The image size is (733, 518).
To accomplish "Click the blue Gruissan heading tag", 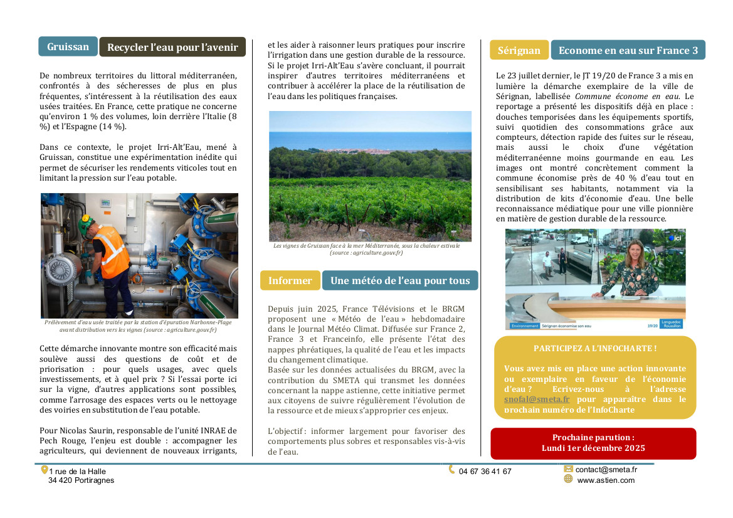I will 68,46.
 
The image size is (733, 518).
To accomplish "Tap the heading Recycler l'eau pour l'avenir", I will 172,47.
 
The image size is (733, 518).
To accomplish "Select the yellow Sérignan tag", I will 519,50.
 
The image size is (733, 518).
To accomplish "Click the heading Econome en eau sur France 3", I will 628,50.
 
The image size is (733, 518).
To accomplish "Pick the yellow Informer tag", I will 290,280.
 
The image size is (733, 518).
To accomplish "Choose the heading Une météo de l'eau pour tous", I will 399,280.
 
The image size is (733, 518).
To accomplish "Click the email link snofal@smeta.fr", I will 536,399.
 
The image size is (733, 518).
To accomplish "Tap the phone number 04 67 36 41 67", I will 485,472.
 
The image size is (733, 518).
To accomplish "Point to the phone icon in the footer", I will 451,470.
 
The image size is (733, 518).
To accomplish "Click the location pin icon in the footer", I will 45,470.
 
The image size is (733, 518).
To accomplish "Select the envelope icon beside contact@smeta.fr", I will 568,468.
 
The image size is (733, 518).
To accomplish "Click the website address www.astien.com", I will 605,480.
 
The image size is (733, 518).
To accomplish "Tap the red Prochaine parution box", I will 593,443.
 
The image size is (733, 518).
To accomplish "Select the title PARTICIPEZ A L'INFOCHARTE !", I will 594,348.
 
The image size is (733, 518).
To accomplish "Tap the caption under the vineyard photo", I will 366,249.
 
